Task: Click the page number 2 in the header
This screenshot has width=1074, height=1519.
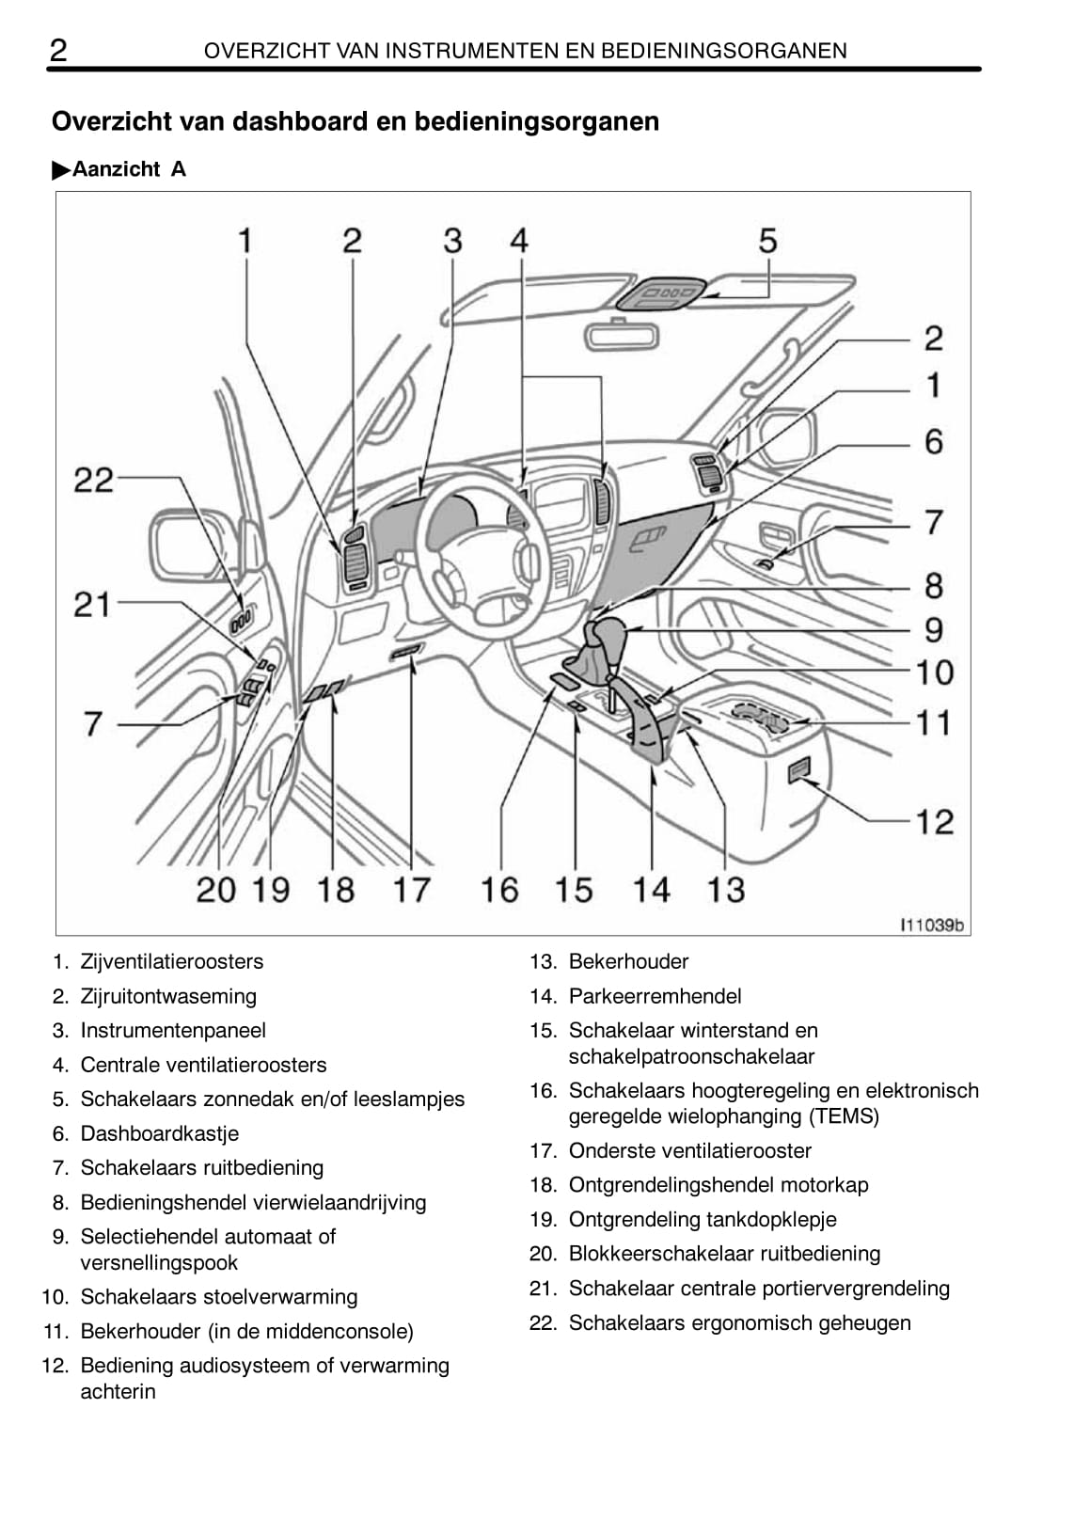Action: (x=58, y=50)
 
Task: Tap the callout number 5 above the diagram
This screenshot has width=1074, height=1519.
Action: (x=767, y=241)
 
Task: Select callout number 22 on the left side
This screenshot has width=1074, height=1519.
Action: (x=93, y=481)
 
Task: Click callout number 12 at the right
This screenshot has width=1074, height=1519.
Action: (x=934, y=822)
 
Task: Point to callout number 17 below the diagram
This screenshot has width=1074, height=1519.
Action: (x=412, y=890)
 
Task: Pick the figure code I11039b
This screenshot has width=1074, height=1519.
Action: (x=931, y=926)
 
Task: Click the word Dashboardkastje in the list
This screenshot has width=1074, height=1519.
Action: (x=159, y=1133)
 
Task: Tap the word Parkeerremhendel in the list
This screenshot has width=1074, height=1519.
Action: (x=655, y=996)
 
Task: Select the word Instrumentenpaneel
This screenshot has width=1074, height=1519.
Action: (x=173, y=1031)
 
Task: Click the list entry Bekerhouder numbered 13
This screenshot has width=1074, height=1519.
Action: (x=628, y=961)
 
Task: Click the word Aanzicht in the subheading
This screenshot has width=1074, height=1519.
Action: (x=116, y=169)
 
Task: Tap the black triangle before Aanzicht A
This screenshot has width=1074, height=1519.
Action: (x=61, y=170)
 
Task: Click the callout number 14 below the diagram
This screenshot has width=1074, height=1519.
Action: (x=652, y=890)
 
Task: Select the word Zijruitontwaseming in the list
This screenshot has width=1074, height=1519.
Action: (x=168, y=996)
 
